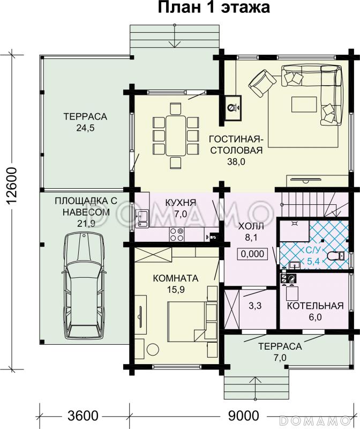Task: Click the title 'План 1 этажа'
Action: pos(214,8)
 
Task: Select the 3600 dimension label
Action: pos(83,416)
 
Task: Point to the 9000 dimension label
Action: pos(243,416)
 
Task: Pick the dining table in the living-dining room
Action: pos(176,136)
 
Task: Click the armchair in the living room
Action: pos(262,83)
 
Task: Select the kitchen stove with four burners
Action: pos(177,234)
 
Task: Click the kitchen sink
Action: pos(142,218)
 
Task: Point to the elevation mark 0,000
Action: pos(252,254)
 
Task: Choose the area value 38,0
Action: pos(236,162)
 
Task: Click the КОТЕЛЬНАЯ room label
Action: pos(315,306)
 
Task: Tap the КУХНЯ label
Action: pos(181,203)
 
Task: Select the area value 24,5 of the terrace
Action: pos(85,128)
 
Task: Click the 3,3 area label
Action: pos(255,306)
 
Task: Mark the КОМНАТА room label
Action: pos(176,278)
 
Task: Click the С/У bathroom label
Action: pos(313,250)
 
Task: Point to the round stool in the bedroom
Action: pos(153,349)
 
